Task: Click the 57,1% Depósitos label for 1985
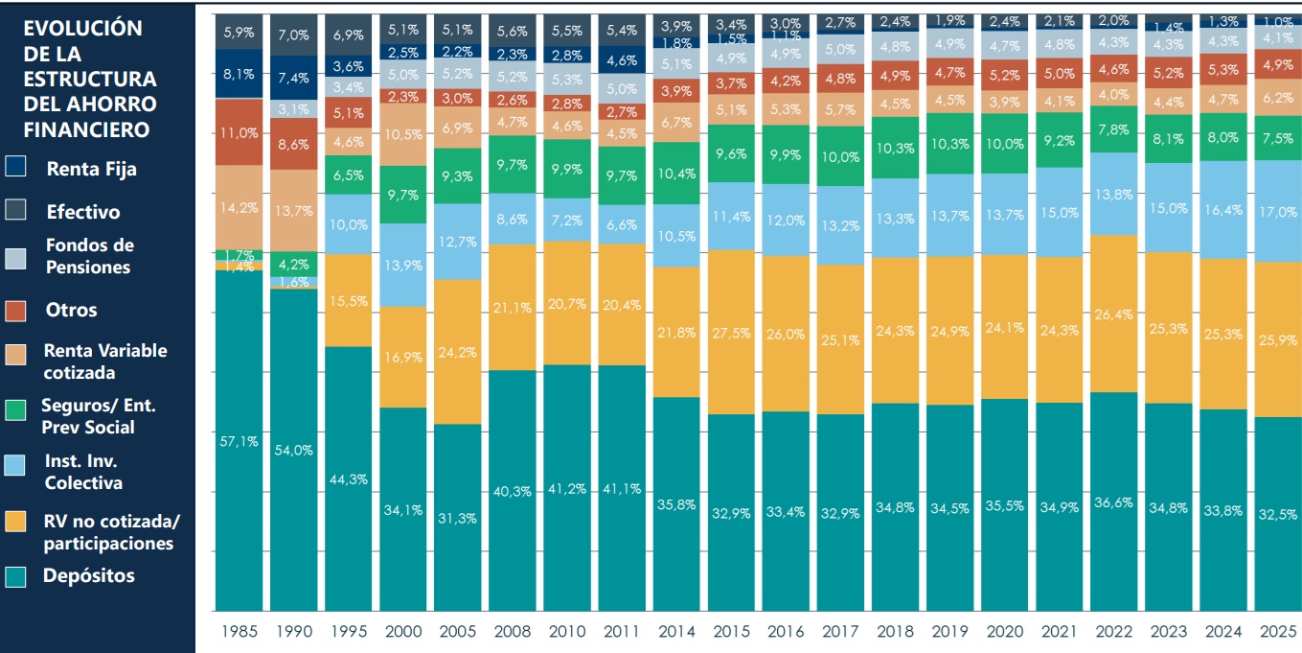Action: pyautogui.click(x=240, y=442)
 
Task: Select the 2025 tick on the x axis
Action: pyautogui.click(x=1277, y=632)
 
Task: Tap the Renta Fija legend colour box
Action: pyautogui.click(x=16, y=168)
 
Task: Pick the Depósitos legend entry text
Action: pyautogui.click(x=88, y=576)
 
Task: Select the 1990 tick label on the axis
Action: pyautogui.click(x=293, y=632)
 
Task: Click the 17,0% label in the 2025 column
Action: pyautogui.click(x=1278, y=213)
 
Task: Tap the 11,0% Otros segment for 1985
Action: pyautogui.click(x=240, y=132)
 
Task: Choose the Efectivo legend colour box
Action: pyautogui.click(x=16, y=211)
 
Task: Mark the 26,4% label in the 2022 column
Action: pyautogui.click(x=1113, y=314)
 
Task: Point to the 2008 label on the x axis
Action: pyautogui.click(x=513, y=632)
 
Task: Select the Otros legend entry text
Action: pyautogui.click(x=72, y=310)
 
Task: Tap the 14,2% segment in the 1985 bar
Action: pyautogui.click(x=240, y=207)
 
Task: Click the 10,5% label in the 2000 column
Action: pyautogui.click(x=403, y=134)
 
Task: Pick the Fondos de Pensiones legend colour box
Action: pyautogui.click(x=16, y=256)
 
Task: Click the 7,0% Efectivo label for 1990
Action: pyautogui.click(x=294, y=35)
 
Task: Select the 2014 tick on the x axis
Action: pyautogui.click(x=676, y=632)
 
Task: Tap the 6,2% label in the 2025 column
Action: pyautogui.click(x=1278, y=98)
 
